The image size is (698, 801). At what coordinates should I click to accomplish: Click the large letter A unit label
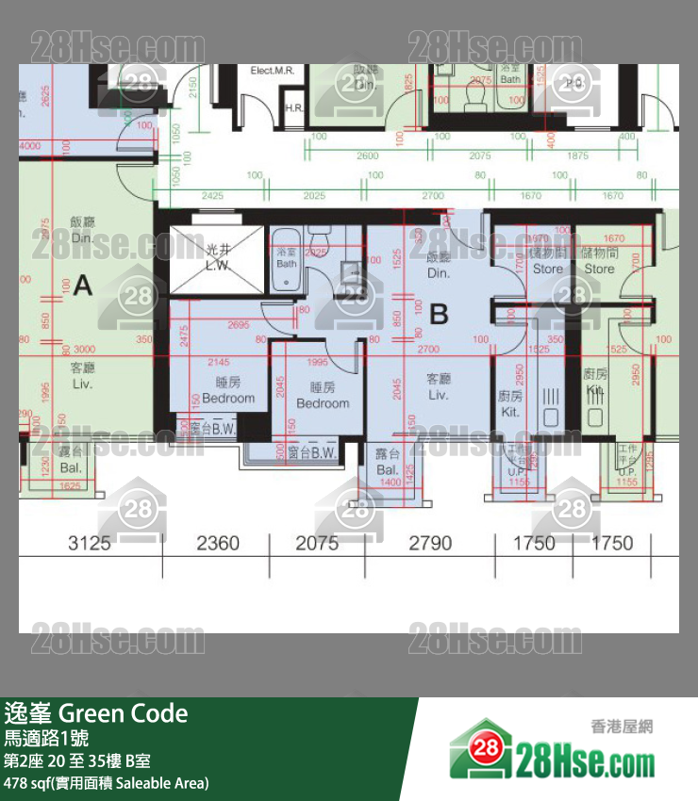(x=83, y=286)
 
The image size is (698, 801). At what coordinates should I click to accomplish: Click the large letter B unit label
(x=439, y=314)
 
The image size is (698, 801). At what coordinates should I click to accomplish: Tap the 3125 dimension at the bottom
(x=90, y=543)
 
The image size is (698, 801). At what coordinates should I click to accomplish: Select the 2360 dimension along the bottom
(x=217, y=543)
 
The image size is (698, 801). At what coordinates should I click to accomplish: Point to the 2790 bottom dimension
(x=430, y=543)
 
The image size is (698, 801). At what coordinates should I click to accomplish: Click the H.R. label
(x=293, y=108)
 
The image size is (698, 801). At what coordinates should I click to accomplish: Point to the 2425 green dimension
(x=211, y=196)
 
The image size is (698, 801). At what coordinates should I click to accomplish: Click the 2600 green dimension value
(x=368, y=156)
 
